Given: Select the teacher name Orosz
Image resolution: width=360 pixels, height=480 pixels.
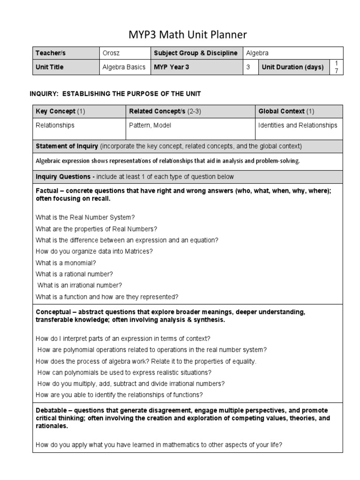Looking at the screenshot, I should pyautogui.click(x=111, y=53).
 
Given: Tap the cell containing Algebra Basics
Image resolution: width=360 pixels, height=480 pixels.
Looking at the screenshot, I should pyautogui.click(x=124, y=67).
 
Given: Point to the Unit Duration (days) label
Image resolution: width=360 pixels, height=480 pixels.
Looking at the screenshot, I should pyautogui.click(x=292, y=67).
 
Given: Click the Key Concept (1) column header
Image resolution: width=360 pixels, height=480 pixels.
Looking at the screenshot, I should pyautogui.click(x=60, y=111).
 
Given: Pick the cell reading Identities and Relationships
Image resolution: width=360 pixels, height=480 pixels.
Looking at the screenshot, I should pyautogui.click(x=298, y=125).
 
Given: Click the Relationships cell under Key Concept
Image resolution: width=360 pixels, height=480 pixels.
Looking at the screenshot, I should pyautogui.click(x=55, y=125).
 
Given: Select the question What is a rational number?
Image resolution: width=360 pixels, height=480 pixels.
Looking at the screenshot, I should pyautogui.click(x=74, y=274).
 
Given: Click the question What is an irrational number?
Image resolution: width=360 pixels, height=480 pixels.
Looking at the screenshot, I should pyautogui.click(x=80, y=285).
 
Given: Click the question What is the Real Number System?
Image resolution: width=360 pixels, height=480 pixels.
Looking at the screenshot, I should pyautogui.click(x=85, y=217).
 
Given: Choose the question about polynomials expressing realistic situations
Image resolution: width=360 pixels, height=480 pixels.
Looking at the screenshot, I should pyautogui.click(x=124, y=372).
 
